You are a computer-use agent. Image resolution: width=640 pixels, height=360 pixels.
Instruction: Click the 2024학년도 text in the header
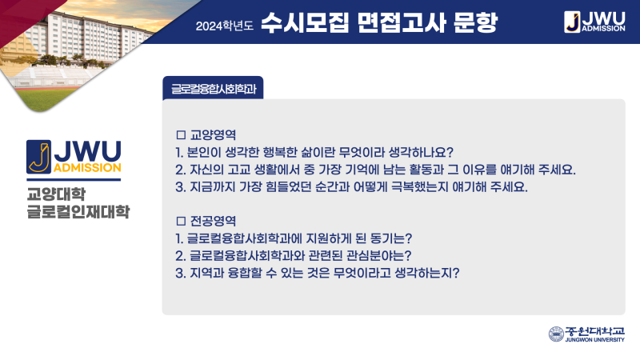[225, 26]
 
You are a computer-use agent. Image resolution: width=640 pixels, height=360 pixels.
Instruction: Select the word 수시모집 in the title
[305, 22]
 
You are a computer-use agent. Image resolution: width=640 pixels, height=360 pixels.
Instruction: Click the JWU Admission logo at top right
[594, 22]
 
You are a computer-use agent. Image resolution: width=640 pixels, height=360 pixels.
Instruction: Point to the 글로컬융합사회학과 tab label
[214, 89]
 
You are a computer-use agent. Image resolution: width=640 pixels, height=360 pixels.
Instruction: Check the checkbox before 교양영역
[181, 134]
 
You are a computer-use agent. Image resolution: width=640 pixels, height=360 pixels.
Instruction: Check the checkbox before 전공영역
[181, 221]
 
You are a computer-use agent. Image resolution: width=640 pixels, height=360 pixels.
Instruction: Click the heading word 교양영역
[213, 134]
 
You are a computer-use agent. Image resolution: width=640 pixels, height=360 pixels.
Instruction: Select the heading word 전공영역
[213, 221]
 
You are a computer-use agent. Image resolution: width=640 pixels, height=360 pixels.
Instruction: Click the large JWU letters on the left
[88, 151]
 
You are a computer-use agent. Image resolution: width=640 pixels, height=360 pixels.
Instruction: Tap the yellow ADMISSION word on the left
[87, 168]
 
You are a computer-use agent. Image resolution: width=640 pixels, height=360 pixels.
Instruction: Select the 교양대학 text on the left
[56, 194]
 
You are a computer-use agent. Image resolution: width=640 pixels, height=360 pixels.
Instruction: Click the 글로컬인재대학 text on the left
[78, 212]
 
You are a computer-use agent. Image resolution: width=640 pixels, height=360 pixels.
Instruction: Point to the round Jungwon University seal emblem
[556, 334]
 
